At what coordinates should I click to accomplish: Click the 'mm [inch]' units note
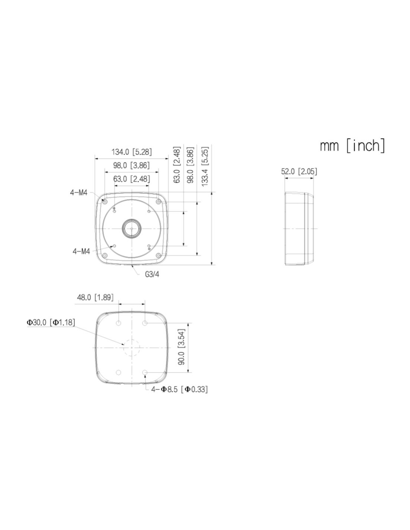(352, 146)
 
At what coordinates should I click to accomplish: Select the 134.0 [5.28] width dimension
(132, 152)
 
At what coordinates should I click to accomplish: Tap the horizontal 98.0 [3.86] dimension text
(131, 165)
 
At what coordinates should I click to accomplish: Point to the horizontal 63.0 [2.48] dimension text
(132, 179)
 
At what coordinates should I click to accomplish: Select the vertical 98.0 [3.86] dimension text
(190, 165)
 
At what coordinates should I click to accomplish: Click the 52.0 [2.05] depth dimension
(299, 171)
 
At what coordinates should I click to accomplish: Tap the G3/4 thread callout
(152, 274)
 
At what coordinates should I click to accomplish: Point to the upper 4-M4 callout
(79, 193)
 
